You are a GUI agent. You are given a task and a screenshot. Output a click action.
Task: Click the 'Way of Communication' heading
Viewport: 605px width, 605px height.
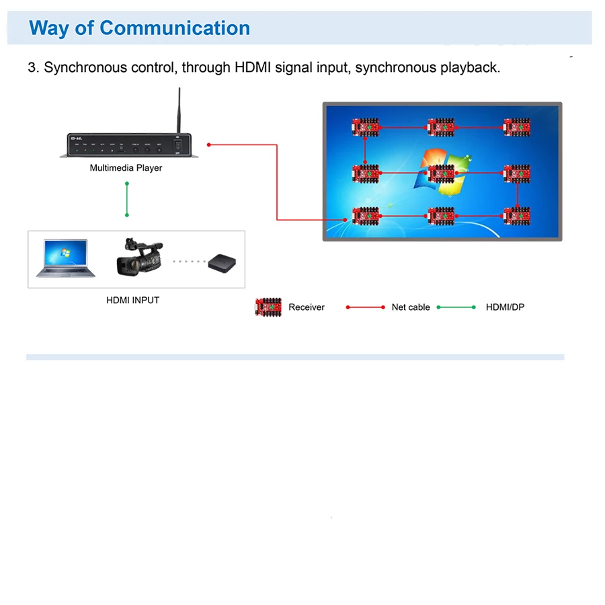tap(140, 28)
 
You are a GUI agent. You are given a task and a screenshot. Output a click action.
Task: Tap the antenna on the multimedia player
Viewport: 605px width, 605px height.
tap(179, 111)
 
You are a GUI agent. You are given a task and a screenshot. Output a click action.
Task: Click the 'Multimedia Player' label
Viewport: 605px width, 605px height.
tap(126, 168)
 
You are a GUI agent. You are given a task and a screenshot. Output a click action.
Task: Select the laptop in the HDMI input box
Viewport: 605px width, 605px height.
tap(66, 258)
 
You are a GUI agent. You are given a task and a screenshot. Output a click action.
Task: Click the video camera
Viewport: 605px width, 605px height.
tap(139, 256)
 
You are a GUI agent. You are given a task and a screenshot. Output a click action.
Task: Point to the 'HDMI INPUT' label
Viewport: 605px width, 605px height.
tap(132, 300)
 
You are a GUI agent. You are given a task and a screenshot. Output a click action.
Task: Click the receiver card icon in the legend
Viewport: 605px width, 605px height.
tap(268, 307)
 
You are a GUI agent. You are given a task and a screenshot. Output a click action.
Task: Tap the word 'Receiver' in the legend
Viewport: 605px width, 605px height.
tap(307, 307)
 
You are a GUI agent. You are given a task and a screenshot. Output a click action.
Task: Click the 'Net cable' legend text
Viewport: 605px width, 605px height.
tap(411, 307)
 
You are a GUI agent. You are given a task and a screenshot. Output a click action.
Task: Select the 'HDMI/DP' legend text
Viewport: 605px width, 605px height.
tap(505, 307)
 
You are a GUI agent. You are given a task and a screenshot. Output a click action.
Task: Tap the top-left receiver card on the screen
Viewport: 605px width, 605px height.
tap(366, 126)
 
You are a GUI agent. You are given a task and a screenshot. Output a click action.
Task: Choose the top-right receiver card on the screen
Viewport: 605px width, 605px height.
tap(518, 126)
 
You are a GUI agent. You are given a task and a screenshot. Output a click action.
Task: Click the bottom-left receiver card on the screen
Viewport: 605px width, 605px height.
tap(366, 215)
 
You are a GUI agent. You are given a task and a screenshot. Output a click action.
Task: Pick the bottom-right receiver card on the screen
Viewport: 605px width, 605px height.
tap(518, 215)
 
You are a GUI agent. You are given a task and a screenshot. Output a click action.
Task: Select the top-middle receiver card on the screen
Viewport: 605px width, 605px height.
tap(441, 126)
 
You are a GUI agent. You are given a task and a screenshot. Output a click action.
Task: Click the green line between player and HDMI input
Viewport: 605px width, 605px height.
tap(126, 199)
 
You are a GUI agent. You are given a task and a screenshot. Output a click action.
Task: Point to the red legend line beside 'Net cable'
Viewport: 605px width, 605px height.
tap(366, 307)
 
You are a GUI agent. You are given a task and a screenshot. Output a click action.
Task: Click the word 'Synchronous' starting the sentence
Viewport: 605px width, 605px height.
tap(85, 68)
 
